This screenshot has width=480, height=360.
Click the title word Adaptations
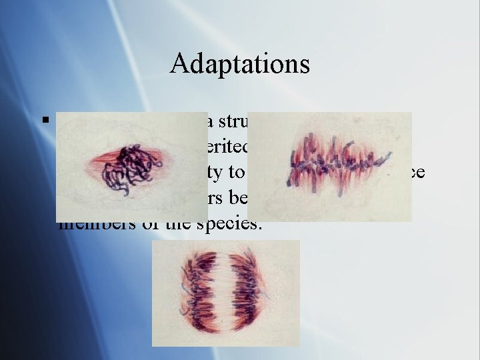(x=240, y=64)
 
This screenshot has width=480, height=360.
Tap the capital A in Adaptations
(x=179, y=64)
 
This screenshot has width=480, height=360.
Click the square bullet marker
(x=45, y=121)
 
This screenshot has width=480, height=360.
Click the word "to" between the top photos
(x=237, y=172)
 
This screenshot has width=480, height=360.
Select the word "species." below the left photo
(x=233, y=223)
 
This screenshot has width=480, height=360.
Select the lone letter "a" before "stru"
(x=209, y=123)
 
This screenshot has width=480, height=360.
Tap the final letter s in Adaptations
(x=304, y=64)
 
